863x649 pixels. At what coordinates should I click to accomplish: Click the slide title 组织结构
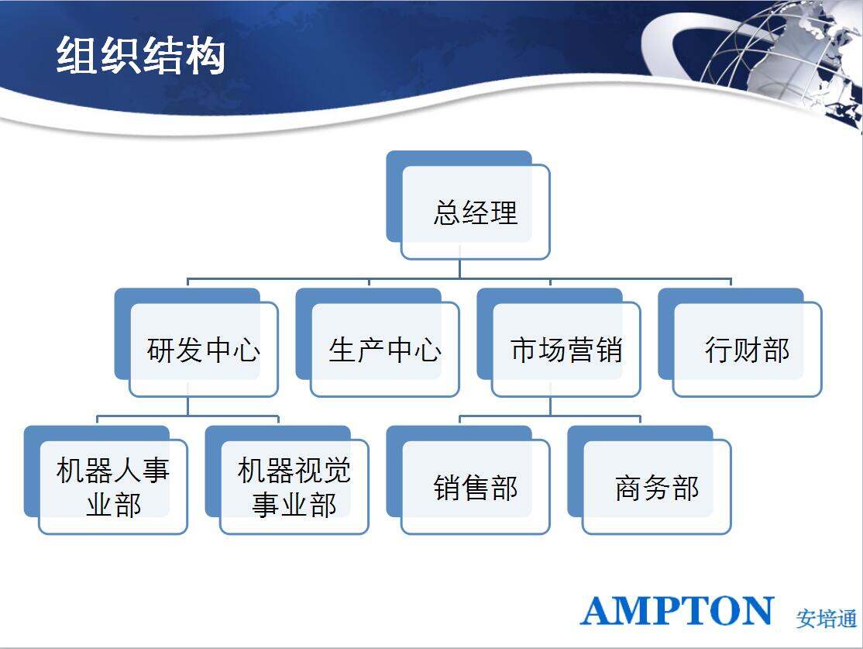(141, 56)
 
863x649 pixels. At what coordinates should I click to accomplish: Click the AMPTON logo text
(677, 611)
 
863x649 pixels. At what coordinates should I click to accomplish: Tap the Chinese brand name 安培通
(826, 619)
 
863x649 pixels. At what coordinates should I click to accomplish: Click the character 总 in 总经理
(447, 212)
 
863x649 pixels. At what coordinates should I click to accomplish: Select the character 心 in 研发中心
(246, 350)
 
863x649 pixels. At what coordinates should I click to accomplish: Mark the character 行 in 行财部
(719, 350)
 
